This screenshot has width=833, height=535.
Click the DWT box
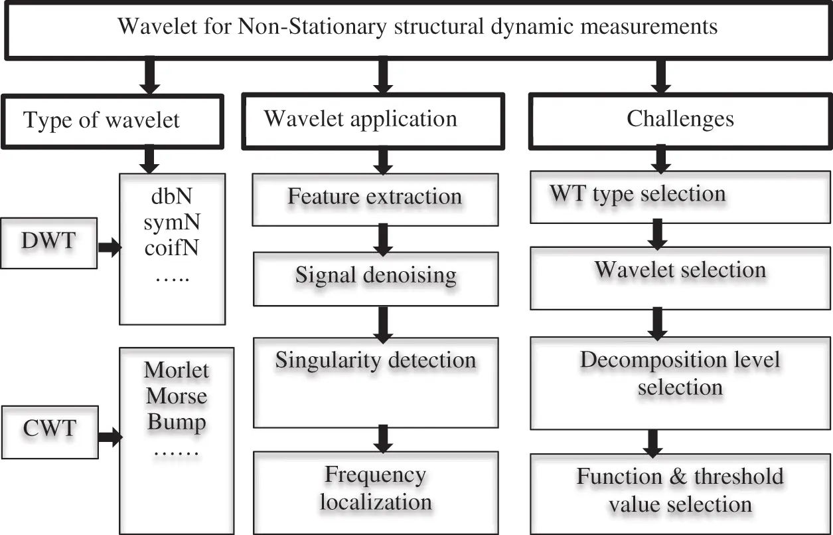pos(58,243)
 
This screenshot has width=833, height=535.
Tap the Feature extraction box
pos(374,198)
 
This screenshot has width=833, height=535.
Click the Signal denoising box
pos(376,276)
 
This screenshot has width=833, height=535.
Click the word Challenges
pos(680,120)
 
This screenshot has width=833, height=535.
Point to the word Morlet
pos(176,370)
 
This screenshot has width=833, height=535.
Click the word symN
pos(172,223)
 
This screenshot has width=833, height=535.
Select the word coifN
pos(172,249)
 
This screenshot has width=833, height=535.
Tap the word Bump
pos(176,422)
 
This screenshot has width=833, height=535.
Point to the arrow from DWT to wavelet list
pos(109,248)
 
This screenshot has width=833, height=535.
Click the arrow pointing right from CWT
pos(109,437)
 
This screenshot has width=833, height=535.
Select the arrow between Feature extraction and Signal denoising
pos(382,238)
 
